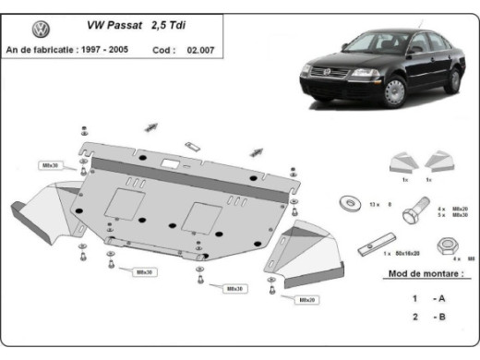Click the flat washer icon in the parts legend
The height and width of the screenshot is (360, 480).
350,202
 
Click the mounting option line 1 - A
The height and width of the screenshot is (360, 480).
427,298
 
